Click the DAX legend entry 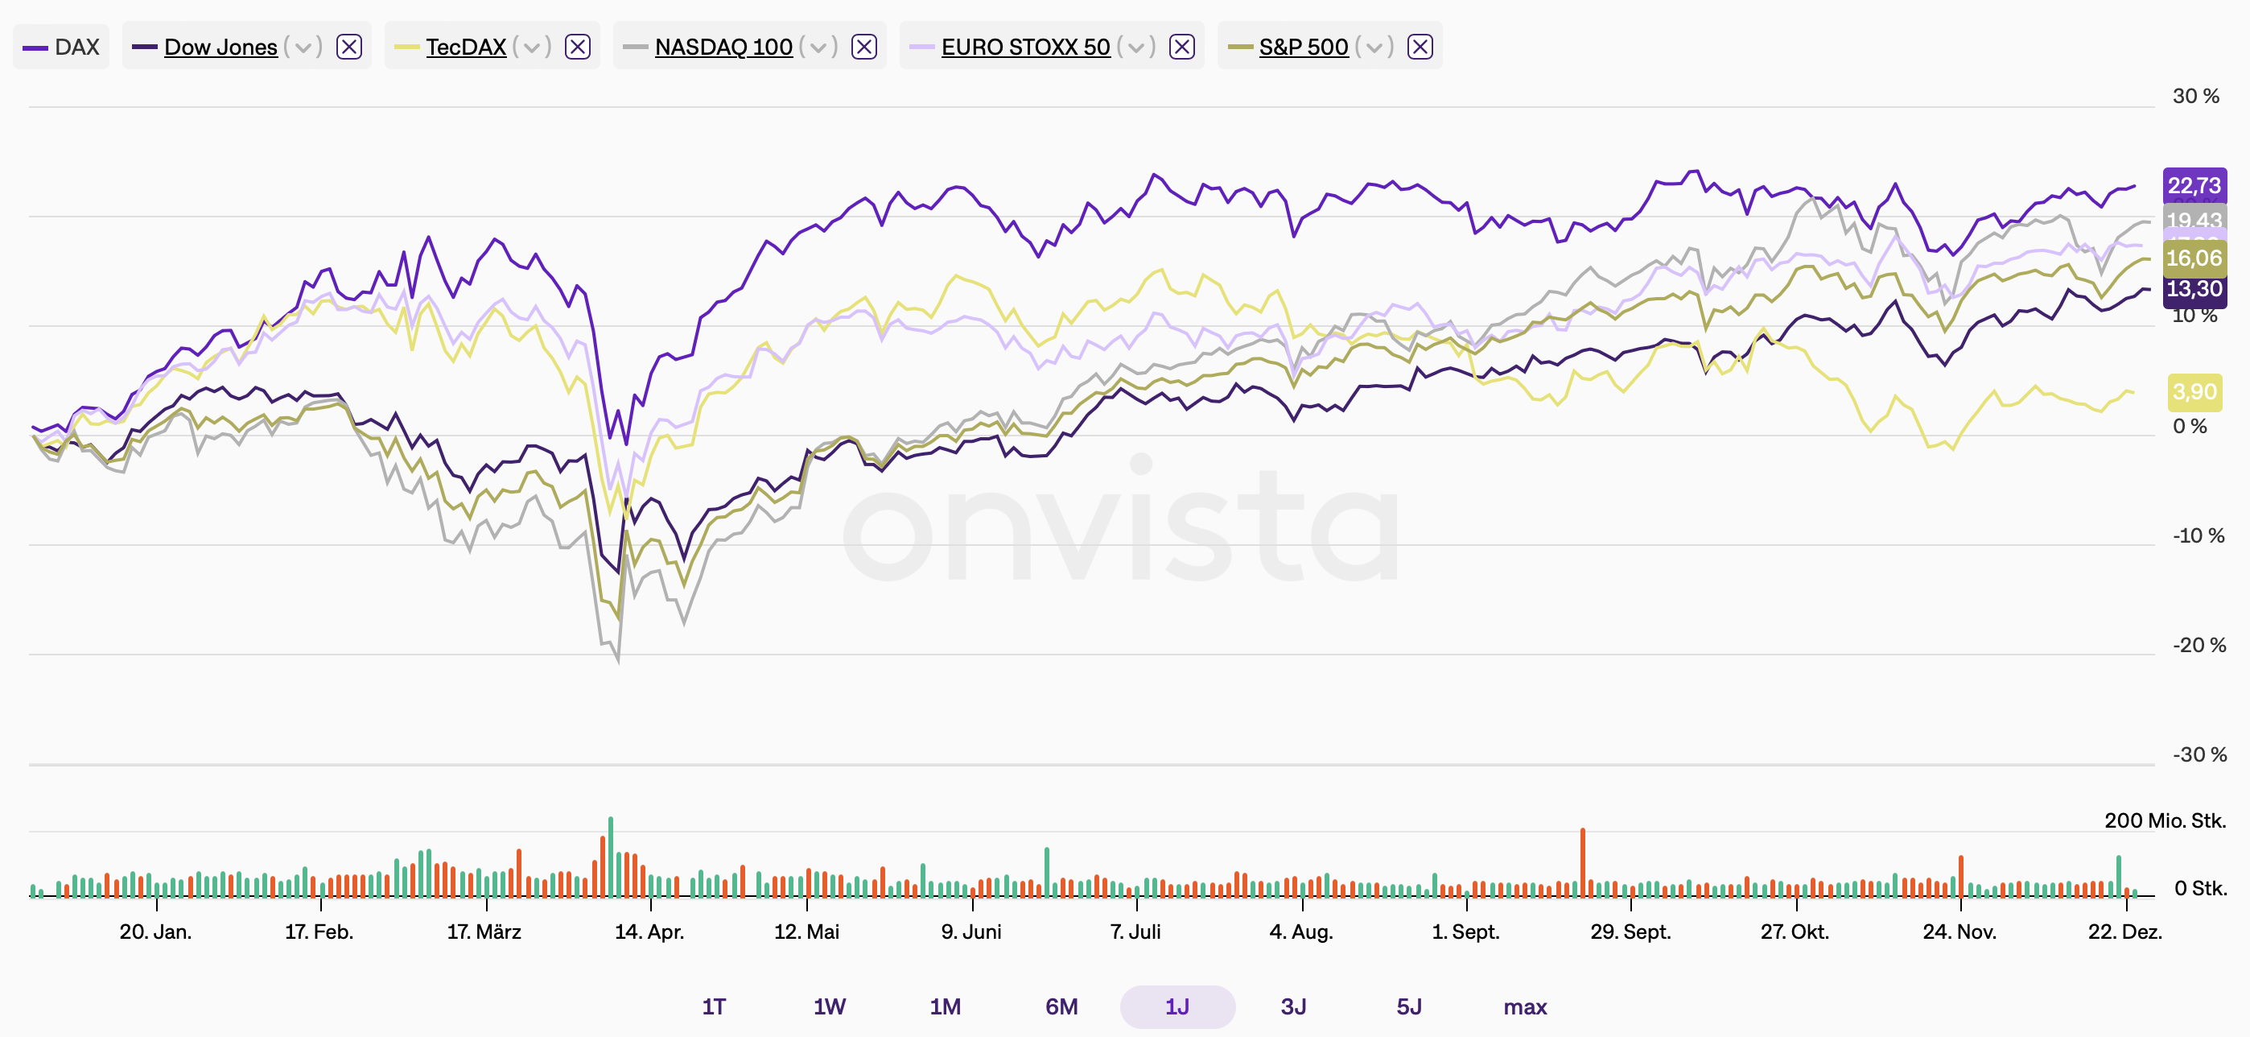coord(62,48)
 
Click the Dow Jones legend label coord(220,48)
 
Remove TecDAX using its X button coord(577,48)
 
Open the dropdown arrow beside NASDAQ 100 coord(818,48)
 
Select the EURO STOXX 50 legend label coord(1024,48)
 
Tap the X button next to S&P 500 coord(1420,48)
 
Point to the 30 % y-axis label coord(2195,96)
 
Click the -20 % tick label coord(2198,646)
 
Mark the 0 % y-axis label coord(2190,427)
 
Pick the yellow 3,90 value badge coord(2194,392)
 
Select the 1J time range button coord(1177,1006)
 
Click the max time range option coord(1524,1006)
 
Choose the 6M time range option coord(1061,1006)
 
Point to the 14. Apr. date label coord(649,932)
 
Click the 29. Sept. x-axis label coord(1630,932)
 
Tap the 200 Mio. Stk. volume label coord(2165,820)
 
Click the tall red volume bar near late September coord(1582,862)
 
